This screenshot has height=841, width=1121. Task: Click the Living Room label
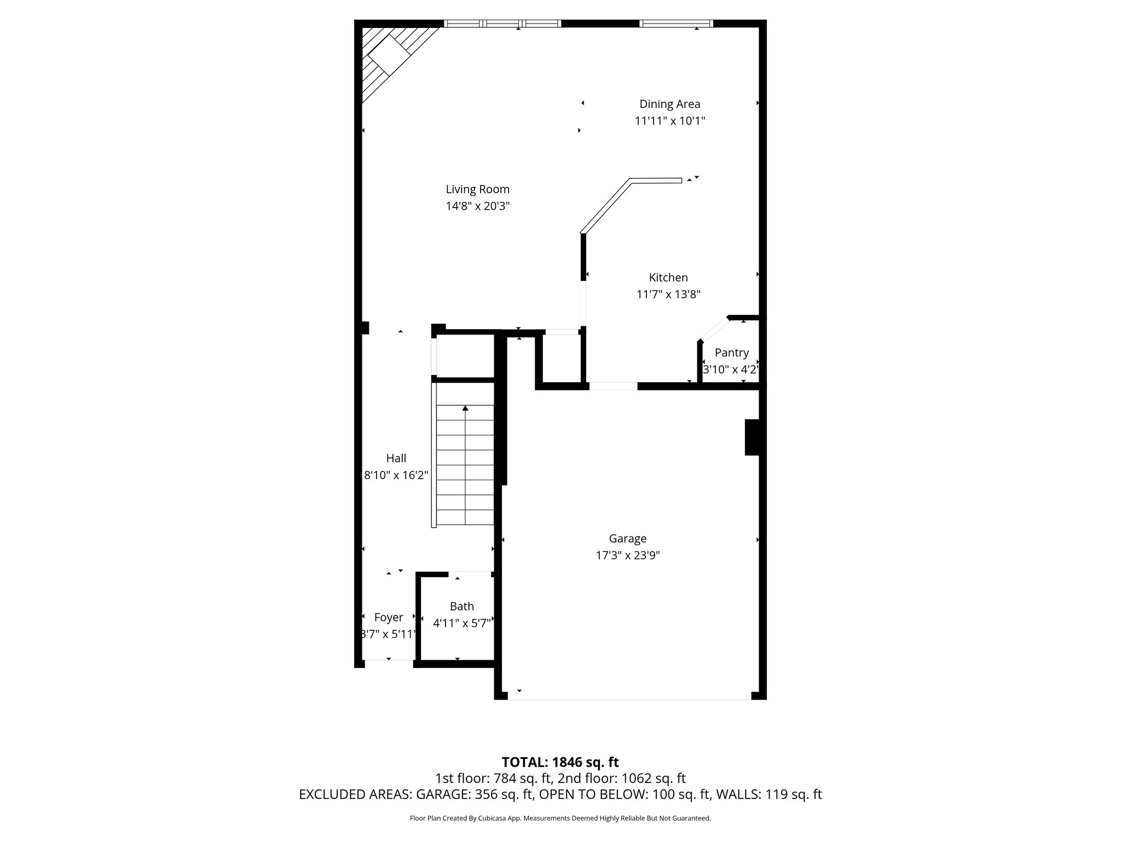click(477, 189)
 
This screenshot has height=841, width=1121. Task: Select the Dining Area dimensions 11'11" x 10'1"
click(669, 121)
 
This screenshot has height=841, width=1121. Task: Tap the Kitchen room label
click(668, 278)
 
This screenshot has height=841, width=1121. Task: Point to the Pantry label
click(731, 353)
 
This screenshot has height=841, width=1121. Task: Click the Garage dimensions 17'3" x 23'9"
click(627, 556)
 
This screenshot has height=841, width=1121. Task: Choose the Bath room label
click(461, 606)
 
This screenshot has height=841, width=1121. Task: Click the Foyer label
click(389, 618)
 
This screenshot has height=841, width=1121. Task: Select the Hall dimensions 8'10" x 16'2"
click(396, 475)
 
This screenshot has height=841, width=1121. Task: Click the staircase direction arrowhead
click(465, 408)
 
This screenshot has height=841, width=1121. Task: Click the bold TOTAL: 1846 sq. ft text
click(560, 762)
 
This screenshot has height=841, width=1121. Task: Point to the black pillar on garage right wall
click(752, 437)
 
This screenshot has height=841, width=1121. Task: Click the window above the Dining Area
click(677, 24)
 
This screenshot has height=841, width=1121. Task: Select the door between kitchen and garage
click(613, 386)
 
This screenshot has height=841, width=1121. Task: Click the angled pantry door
click(714, 330)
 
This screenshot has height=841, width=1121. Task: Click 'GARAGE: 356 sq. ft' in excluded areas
click(473, 794)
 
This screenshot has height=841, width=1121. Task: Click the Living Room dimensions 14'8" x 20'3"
click(477, 206)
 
